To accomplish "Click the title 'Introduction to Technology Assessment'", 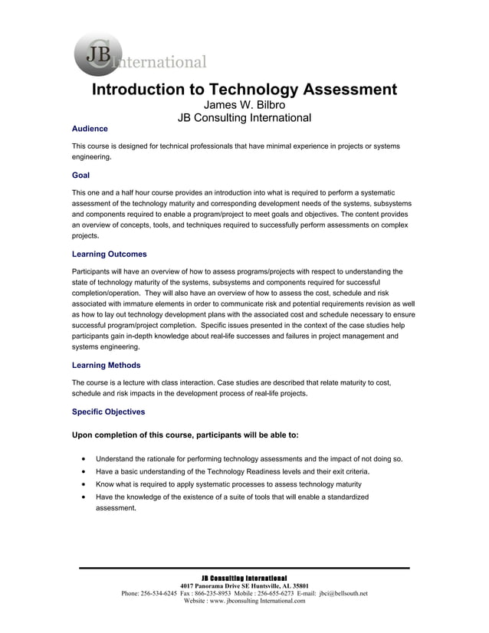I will tap(244, 90).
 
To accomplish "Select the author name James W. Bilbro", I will tap(244, 105).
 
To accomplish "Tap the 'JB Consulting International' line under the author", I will tap(244, 118).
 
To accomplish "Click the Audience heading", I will tap(90, 129).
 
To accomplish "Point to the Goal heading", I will tap(80, 175).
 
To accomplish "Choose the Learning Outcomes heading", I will tap(109, 254).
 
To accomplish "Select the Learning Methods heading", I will tap(106, 365).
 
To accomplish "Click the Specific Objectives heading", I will tap(108, 412).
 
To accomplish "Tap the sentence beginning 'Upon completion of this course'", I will tap(185, 435).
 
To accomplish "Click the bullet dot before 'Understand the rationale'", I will tap(83, 459).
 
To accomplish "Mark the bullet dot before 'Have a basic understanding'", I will tap(83, 472).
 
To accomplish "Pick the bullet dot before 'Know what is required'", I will tap(83, 484).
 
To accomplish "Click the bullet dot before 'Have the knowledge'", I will tap(83, 497).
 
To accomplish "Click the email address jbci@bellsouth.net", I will tap(343, 593).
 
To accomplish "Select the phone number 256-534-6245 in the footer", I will tap(159, 593).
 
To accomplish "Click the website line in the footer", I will tap(244, 601).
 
